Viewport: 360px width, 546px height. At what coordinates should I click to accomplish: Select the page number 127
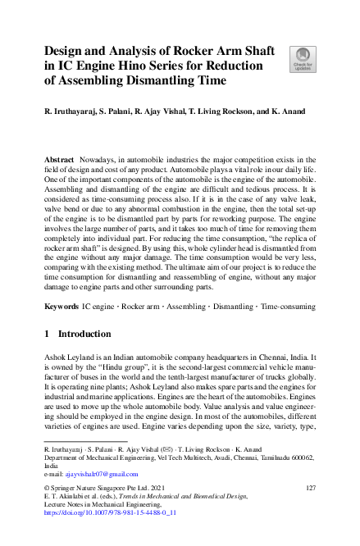(310, 488)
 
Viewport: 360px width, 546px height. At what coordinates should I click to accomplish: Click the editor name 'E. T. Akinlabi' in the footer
(66, 497)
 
